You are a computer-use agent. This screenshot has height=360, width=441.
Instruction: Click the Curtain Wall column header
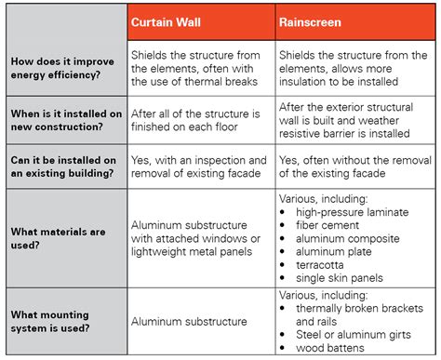168,20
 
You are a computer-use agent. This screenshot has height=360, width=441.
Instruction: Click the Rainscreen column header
312,20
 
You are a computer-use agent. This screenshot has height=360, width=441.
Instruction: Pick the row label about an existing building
62,167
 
